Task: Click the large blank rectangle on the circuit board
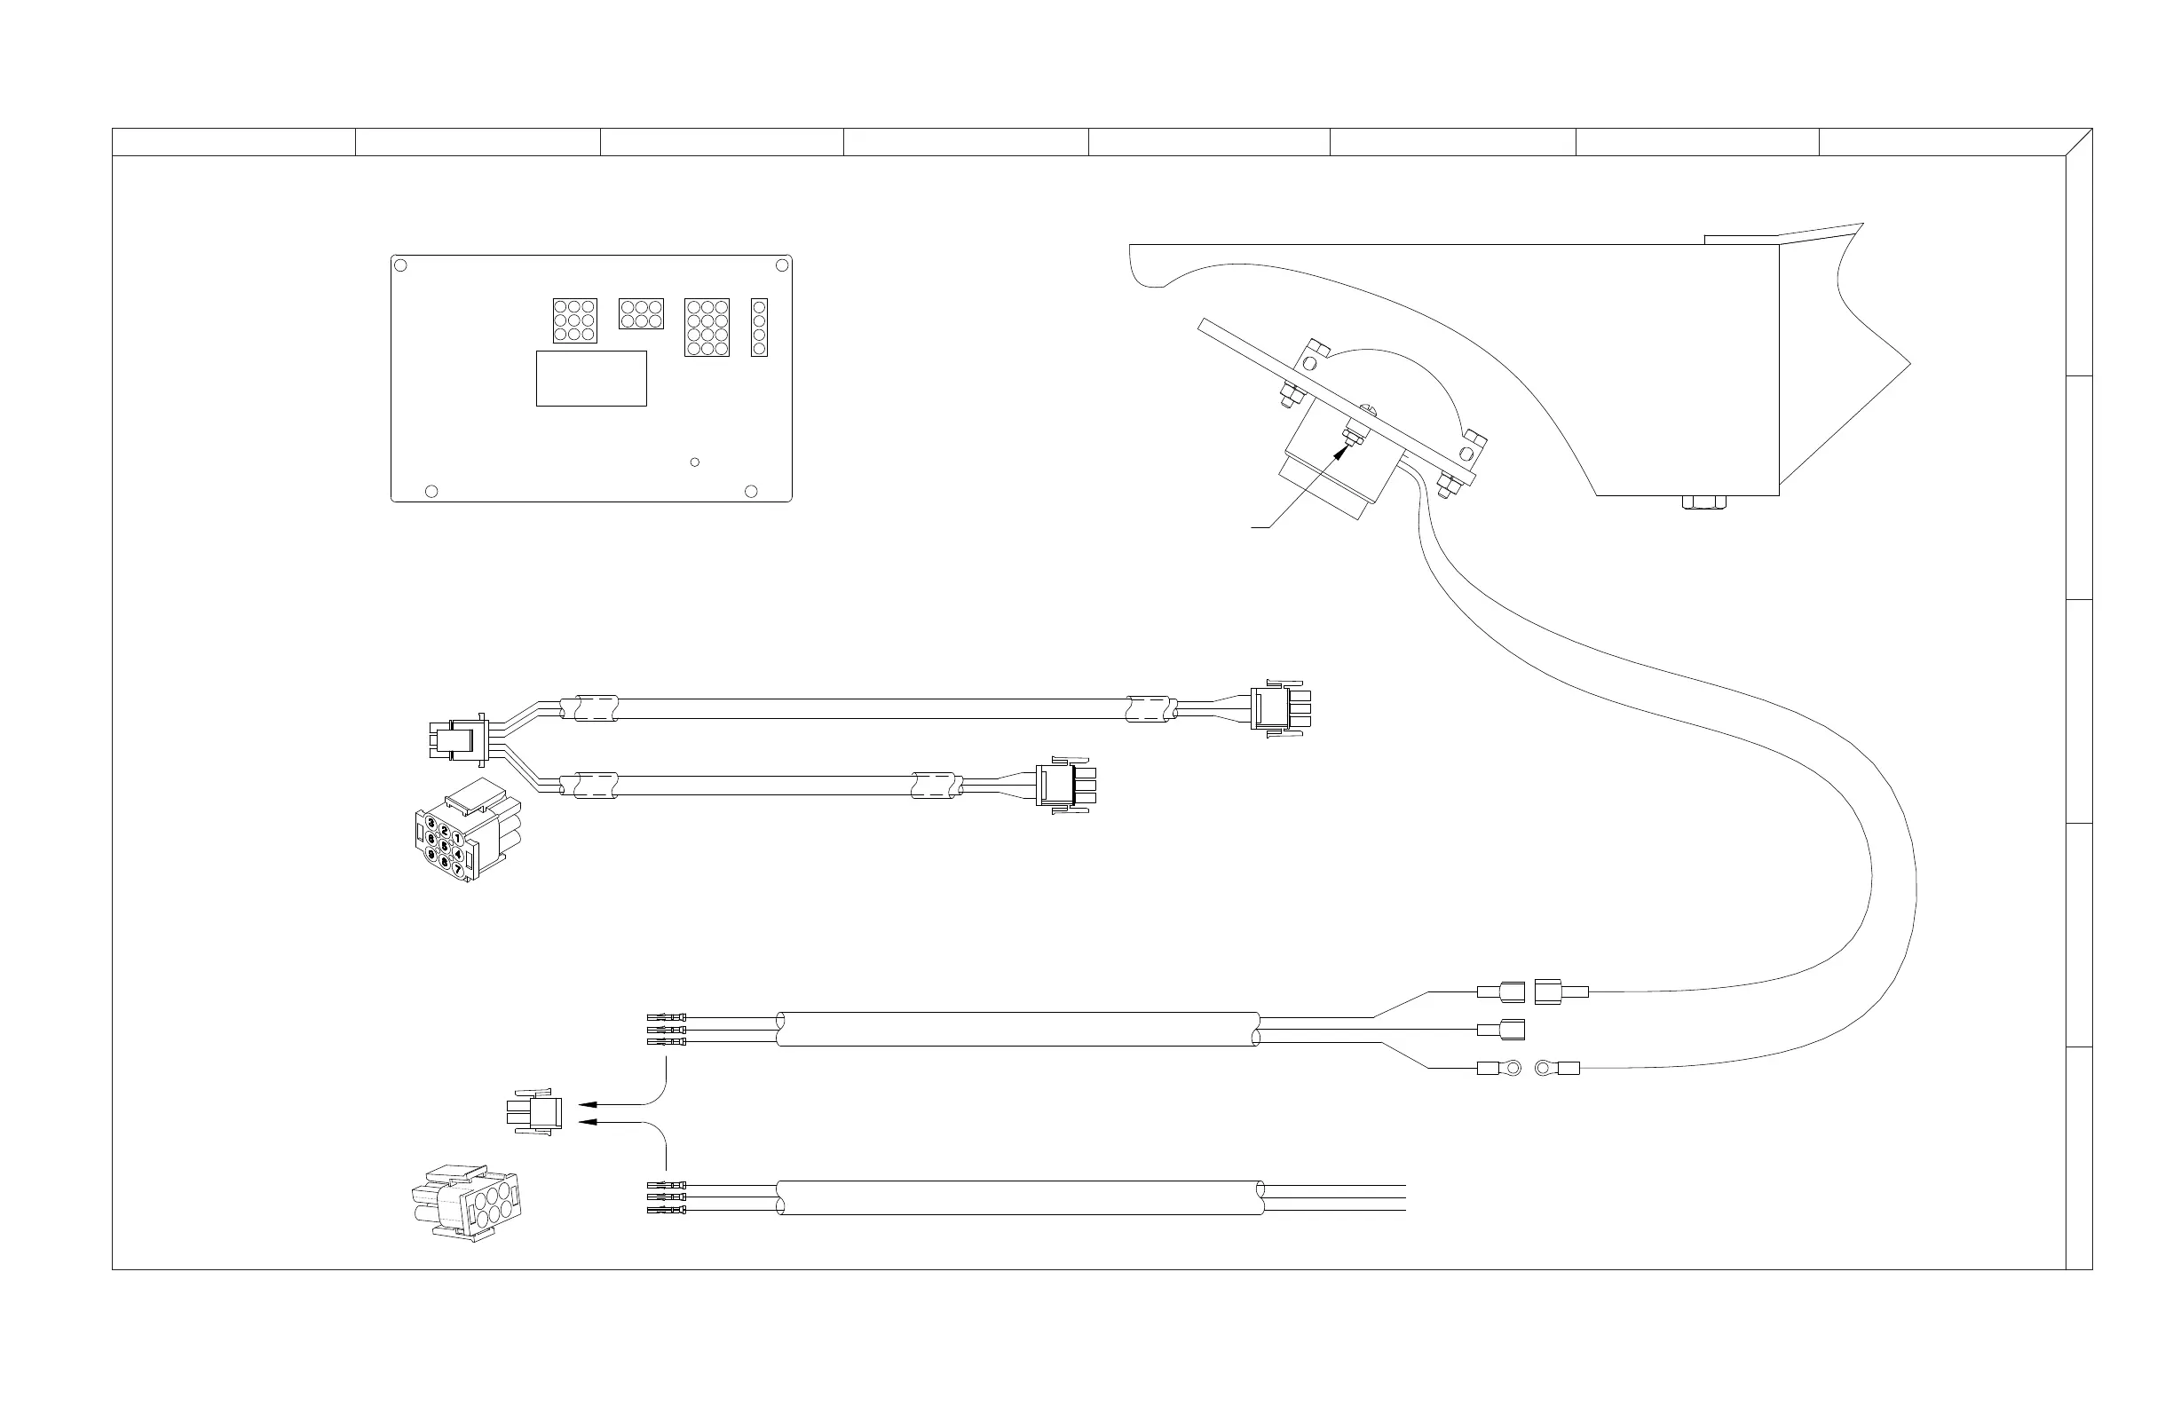click(x=590, y=378)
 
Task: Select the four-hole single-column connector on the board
click(x=759, y=327)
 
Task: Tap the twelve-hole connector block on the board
click(x=707, y=327)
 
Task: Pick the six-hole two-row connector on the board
click(x=641, y=313)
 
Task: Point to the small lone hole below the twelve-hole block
click(x=695, y=462)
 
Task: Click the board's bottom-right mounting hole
click(x=752, y=491)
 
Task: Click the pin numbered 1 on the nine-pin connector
click(x=457, y=838)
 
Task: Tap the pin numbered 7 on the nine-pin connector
click(x=457, y=868)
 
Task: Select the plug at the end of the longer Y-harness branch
click(x=1285, y=708)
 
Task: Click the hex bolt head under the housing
click(x=1703, y=502)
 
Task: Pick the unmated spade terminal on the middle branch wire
click(x=1501, y=1029)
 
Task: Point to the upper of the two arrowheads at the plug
click(x=587, y=1104)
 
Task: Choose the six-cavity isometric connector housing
click(x=468, y=1206)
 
